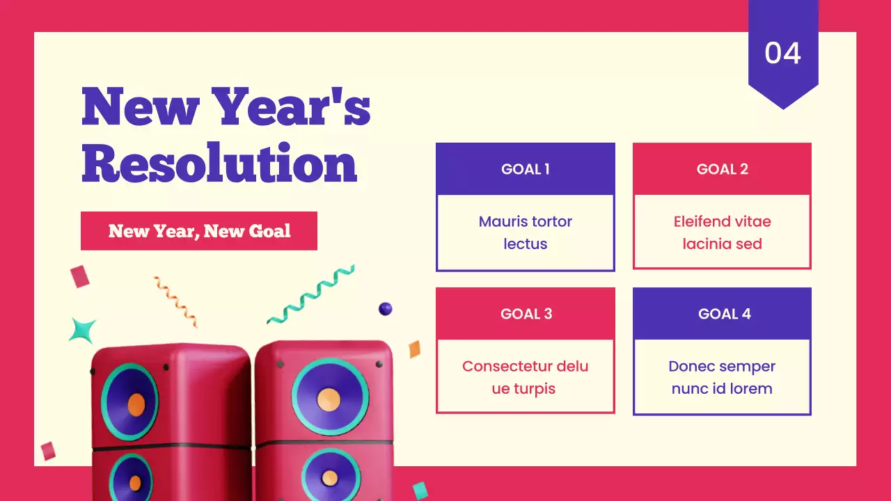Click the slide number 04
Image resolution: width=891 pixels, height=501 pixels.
pos(782,53)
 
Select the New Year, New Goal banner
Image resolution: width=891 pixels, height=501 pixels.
pos(199,231)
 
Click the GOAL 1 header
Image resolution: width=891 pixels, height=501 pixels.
pos(526,169)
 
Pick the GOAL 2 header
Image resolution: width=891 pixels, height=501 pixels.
pos(722,169)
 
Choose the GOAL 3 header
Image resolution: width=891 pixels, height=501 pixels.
pos(526,314)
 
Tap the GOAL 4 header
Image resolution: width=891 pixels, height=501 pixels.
pos(722,314)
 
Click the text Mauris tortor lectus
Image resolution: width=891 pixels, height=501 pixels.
pos(526,232)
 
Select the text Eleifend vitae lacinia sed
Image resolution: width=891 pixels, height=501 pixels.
pos(722,232)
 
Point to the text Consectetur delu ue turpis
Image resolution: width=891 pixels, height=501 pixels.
pos(526,377)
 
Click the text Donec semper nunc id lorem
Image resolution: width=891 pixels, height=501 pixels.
pos(722,377)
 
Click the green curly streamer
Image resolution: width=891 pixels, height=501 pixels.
pos(311,294)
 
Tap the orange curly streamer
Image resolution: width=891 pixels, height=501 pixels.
pos(175,301)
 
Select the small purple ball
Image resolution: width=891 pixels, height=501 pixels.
pos(385,309)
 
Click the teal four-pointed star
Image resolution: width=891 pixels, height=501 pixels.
pos(83,330)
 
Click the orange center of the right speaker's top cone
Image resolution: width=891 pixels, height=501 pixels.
pos(329,399)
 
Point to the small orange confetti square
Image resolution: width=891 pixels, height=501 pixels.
pos(414,349)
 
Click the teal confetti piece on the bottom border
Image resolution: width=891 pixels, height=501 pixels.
pos(420,491)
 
